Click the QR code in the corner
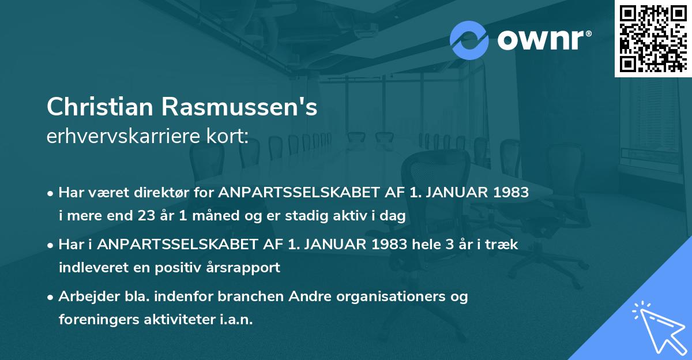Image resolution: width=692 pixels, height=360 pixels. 653,38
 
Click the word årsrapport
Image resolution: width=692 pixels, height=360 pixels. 248,268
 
